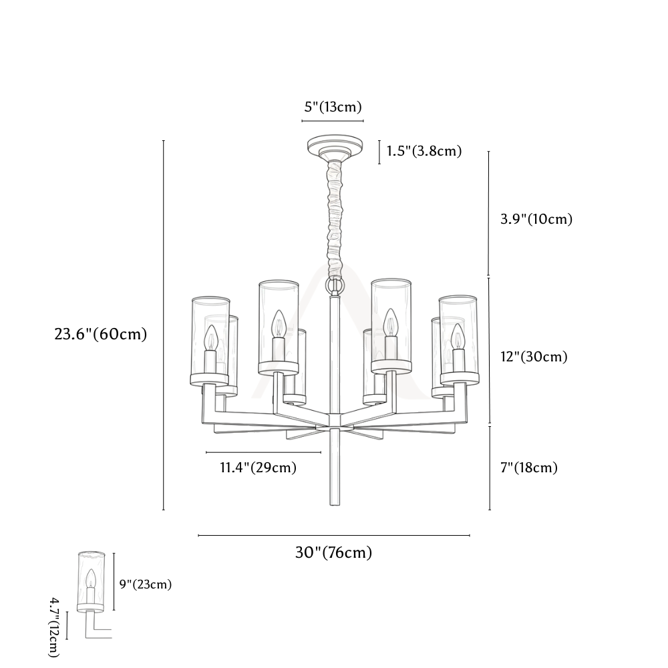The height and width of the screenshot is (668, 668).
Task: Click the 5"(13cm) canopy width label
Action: [x=333, y=106]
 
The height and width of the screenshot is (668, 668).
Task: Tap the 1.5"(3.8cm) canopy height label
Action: [x=424, y=151]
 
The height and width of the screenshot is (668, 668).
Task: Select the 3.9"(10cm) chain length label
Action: [x=536, y=219]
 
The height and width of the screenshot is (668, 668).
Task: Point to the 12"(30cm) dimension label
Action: [x=534, y=356]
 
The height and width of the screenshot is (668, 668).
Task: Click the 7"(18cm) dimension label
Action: [x=528, y=468]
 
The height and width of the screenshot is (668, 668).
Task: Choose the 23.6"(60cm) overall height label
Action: [x=101, y=334]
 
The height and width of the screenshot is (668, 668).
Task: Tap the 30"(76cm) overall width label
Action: [x=333, y=552]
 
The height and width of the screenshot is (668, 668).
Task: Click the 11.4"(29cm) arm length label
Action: [x=258, y=468]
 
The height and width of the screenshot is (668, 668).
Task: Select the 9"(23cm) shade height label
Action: [x=145, y=584]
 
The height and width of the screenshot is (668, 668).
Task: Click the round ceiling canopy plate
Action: [x=335, y=147]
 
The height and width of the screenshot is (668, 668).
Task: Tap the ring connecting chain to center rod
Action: [x=335, y=285]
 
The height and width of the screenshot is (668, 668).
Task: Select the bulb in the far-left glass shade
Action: [x=211, y=337]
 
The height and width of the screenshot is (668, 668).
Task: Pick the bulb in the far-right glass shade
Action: [x=458, y=336]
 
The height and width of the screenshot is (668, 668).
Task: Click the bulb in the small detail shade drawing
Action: [x=90, y=578]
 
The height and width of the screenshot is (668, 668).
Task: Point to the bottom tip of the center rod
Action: [x=335, y=505]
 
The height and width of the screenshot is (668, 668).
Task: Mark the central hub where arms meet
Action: [x=335, y=420]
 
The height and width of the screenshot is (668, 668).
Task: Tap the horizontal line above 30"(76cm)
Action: [x=334, y=536]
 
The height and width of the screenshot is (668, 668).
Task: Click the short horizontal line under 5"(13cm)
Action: [x=333, y=121]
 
